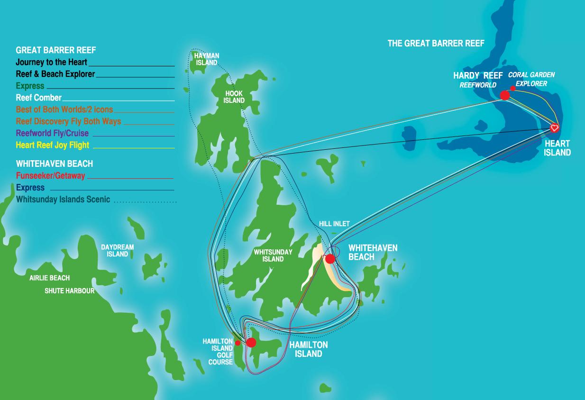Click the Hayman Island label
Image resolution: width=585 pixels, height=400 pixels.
click(x=207, y=59)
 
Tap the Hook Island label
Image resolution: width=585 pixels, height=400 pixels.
click(x=234, y=97)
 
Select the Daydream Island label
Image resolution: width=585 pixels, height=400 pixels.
click(x=118, y=251)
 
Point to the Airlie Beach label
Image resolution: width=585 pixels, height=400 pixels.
click(x=50, y=278)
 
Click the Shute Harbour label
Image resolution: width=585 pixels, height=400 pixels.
click(x=70, y=291)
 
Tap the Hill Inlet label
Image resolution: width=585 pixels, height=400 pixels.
click(x=334, y=224)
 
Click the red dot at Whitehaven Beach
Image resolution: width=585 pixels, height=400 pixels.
click(x=329, y=259)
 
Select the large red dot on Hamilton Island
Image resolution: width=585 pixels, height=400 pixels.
click(x=251, y=342)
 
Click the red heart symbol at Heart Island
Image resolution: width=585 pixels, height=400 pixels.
click(x=555, y=127)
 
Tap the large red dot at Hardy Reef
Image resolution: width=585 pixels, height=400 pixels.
click(x=505, y=95)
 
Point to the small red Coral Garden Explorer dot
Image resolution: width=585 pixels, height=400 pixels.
click(x=513, y=89)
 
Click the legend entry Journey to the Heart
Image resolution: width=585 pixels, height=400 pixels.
click(x=52, y=62)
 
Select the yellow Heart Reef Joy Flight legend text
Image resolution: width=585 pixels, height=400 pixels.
click(x=53, y=145)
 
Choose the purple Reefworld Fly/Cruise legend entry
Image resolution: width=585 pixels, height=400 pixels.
click(x=52, y=133)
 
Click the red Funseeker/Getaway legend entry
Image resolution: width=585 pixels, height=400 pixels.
click(x=51, y=176)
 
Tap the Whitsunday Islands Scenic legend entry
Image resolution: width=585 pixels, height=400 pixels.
click(x=63, y=200)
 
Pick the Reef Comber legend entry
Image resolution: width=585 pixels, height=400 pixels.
click(x=39, y=98)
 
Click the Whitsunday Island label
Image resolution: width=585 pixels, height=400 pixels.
click(x=273, y=255)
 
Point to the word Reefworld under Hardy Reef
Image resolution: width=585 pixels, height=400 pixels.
click(x=478, y=85)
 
